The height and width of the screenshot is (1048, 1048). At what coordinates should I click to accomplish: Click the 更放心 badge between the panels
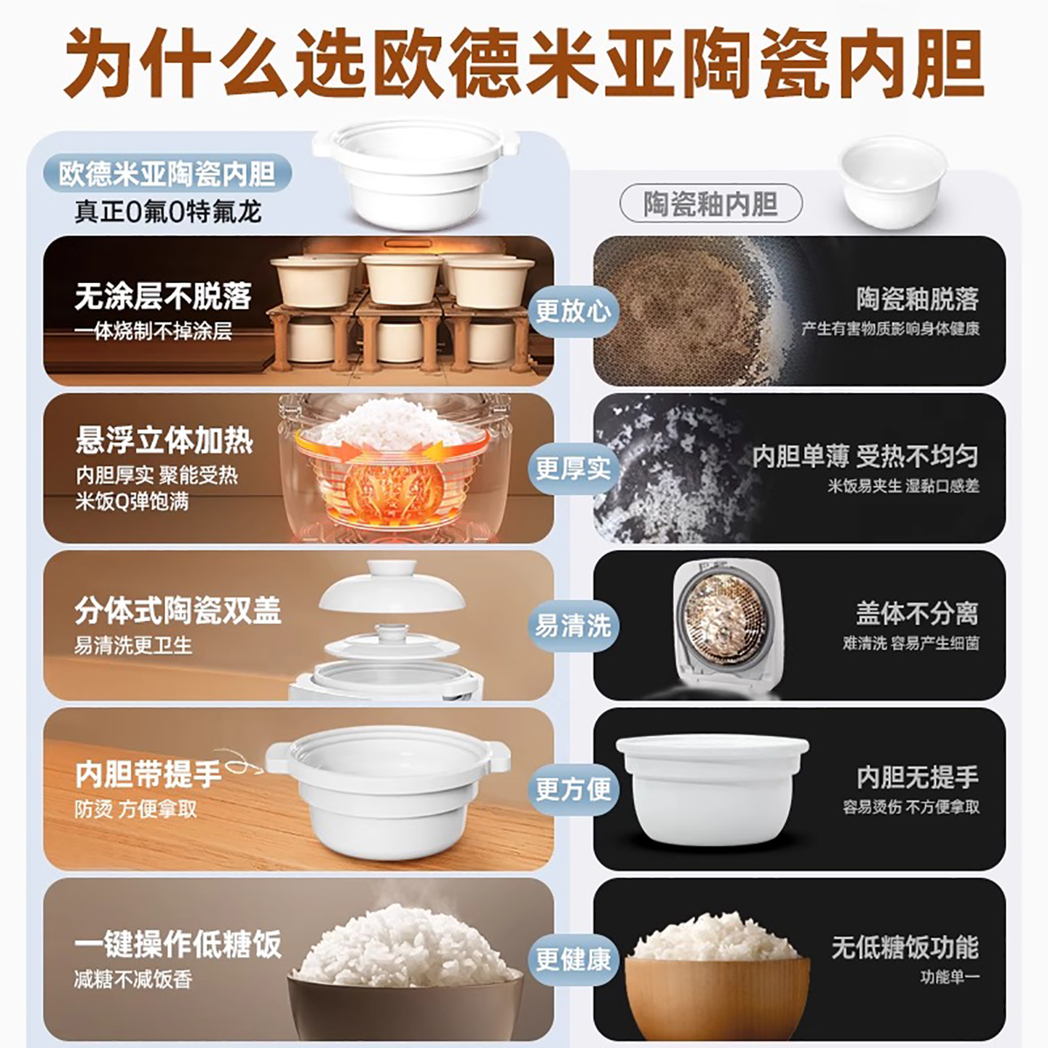click(x=573, y=311)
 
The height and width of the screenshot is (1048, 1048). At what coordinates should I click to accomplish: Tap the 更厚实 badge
click(x=573, y=468)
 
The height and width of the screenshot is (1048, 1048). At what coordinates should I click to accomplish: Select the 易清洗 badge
click(x=573, y=625)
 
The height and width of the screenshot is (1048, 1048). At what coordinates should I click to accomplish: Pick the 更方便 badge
click(x=573, y=788)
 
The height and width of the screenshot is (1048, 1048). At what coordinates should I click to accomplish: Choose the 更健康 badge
click(x=573, y=958)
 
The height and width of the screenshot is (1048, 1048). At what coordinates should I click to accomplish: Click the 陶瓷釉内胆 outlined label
click(x=710, y=204)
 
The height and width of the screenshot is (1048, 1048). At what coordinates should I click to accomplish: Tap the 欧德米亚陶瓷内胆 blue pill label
click(x=167, y=173)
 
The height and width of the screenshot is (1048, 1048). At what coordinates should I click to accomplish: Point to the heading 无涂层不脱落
click(x=163, y=296)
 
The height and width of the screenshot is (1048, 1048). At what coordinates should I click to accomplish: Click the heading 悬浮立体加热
click(x=164, y=440)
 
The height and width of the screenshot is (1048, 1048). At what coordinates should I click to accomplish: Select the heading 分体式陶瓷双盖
click(x=178, y=611)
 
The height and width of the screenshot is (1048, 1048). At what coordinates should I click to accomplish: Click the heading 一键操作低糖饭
click(x=178, y=944)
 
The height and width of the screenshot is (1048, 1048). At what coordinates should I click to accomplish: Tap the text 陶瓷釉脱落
click(x=917, y=298)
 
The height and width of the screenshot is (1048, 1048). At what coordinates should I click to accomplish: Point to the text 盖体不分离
click(x=917, y=613)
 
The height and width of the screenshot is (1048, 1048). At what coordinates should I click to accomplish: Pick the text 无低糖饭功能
click(x=905, y=946)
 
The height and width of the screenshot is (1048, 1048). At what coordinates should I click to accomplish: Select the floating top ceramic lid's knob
click(x=392, y=568)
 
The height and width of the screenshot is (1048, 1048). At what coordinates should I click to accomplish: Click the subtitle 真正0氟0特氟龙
click(x=167, y=212)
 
